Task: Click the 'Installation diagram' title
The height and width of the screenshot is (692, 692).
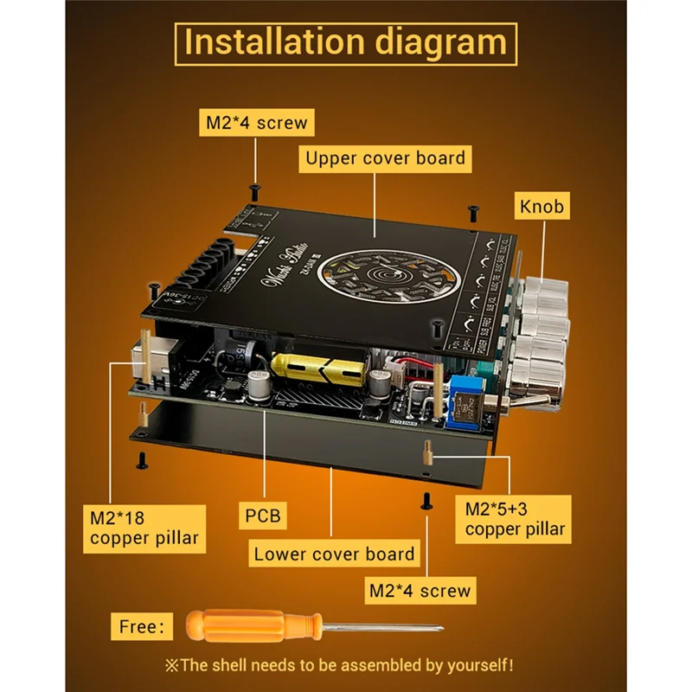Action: pyautogui.click(x=345, y=43)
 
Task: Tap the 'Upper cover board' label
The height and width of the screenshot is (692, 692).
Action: pyautogui.click(x=385, y=158)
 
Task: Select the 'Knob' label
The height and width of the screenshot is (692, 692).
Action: pyautogui.click(x=541, y=206)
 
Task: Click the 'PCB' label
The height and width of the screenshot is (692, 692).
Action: pyautogui.click(x=263, y=516)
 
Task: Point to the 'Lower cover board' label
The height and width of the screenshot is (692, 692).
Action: pyautogui.click(x=334, y=554)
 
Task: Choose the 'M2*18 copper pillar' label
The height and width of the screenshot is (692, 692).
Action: pyautogui.click(x=144, y=529)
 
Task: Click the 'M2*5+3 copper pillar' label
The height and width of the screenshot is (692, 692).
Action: pyautogui.click(x=515, y=517)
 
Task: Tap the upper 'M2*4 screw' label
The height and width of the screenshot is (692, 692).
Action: pyautogui.click(x=256, y=123)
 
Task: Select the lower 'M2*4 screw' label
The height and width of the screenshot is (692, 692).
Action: pyautogui.click(x=420, y=591)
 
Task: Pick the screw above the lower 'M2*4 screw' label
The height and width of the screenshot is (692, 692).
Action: pyautogui.click(x=426, y=499)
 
